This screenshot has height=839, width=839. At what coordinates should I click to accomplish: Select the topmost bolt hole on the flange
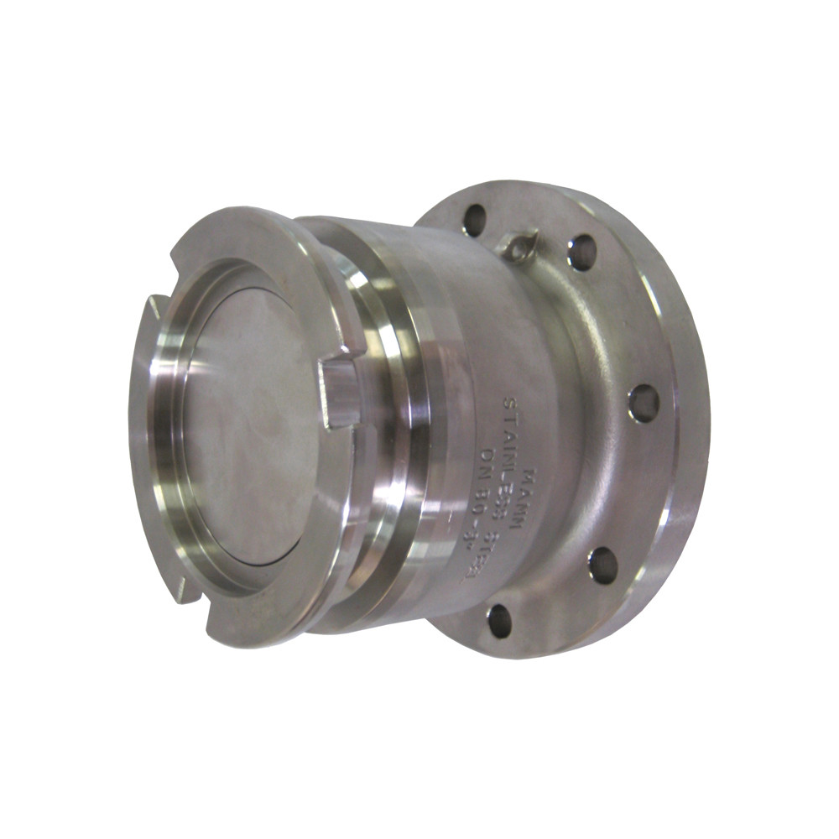474,218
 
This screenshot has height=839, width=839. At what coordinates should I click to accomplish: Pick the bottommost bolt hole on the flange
500,620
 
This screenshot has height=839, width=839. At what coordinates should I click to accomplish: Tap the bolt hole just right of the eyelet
581,252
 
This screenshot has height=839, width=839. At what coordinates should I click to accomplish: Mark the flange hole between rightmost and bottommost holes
602,564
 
